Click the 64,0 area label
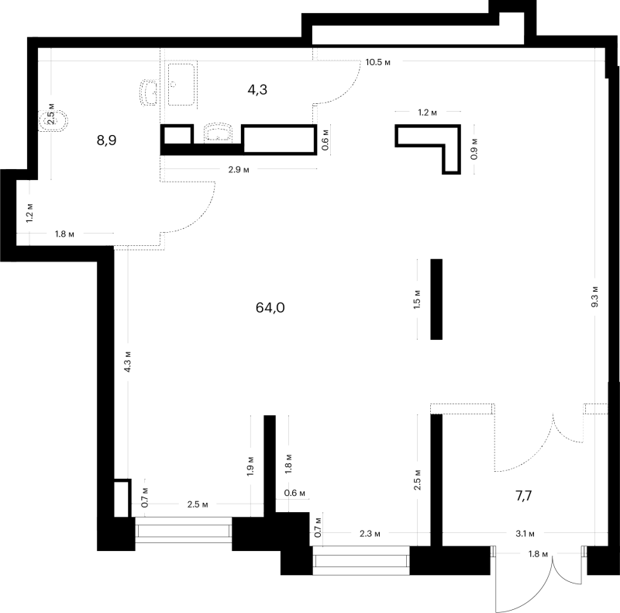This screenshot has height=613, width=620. tap(270, 308)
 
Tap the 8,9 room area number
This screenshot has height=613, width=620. tap(106, 140)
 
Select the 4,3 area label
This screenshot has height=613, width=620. tap(257, 90)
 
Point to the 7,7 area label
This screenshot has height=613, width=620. tap(524, 495)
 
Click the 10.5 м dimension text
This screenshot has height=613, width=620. tap(378, 62)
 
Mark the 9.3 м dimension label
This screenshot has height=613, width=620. tap(594, 296)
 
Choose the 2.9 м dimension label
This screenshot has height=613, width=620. tap(239, 170)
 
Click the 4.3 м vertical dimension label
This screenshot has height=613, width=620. tap(127, 362)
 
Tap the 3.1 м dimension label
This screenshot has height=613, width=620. tap(525, 534)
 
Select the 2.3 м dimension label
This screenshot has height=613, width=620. tap(370, 534)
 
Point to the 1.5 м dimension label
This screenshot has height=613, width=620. tap(417, 300)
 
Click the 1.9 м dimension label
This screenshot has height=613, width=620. tap(250, 466)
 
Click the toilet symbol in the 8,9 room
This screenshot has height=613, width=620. tap(53, 120)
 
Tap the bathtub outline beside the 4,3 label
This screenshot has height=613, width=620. tap(181, 85)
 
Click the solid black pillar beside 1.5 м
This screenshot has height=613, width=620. tap(436, 299)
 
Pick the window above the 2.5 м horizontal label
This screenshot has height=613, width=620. tap(183, 530)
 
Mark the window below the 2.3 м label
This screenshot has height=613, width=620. tap(361, 560)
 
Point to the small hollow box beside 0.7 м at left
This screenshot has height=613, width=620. tap(122, 498)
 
